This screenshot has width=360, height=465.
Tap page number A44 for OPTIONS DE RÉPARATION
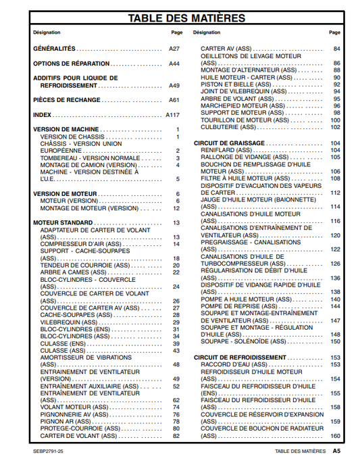tap(174, 64)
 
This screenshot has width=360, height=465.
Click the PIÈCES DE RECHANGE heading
tap(67, 100)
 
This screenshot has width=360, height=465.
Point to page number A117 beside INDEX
tap(173, 115)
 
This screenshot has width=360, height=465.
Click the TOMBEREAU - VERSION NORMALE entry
tap(89, 158)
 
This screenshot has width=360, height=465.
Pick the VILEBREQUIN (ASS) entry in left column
tap(69, 322)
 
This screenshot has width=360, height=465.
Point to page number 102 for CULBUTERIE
tap(335, 127)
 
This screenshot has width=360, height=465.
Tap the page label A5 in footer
tap(336, 450)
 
